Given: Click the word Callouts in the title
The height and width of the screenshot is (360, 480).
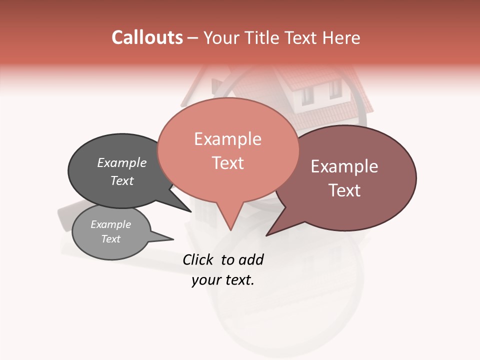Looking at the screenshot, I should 147,37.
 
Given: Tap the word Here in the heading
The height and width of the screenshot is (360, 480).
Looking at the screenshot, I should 341,37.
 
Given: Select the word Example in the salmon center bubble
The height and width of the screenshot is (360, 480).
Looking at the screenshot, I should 227,139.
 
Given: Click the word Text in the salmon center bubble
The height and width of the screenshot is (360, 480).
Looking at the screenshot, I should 227,163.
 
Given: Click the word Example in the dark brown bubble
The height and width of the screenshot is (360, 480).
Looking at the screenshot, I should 344,166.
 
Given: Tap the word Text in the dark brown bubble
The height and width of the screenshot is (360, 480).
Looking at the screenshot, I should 344,190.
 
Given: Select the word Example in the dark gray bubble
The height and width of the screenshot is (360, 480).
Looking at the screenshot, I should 121,162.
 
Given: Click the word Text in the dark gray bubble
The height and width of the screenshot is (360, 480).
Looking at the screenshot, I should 121,180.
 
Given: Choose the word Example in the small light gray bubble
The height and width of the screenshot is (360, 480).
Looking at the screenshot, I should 110,224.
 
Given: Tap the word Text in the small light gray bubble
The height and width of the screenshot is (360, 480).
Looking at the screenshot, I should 110,239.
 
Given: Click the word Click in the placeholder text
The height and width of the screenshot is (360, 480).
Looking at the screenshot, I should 198,259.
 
